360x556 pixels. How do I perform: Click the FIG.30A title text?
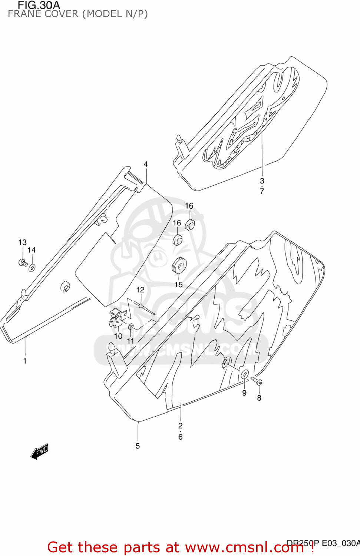coord(39,5)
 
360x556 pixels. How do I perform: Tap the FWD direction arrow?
coord(39,451)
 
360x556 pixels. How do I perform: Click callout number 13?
coord(22,242)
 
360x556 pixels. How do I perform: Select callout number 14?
coord(32,250)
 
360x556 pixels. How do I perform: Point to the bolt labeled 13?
coord(23,263)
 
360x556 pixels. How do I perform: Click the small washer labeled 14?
coord(32,267)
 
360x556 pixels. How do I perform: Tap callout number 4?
coord(146,164)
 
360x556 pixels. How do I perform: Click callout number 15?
coord(179,285)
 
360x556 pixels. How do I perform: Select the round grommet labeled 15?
coord(179,265)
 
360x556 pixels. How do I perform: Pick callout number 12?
coord(140,290)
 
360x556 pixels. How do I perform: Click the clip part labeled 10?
coord(118,318)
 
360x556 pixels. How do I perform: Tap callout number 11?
coord(131,341)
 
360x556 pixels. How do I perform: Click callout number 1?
coord(25,361)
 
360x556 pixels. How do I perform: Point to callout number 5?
coord(138,446)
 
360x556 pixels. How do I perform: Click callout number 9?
coord(244,393)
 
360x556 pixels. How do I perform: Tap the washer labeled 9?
coord(245,374)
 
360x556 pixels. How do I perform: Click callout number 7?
coord(262,191)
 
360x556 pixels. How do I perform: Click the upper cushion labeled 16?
coord(190,224)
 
